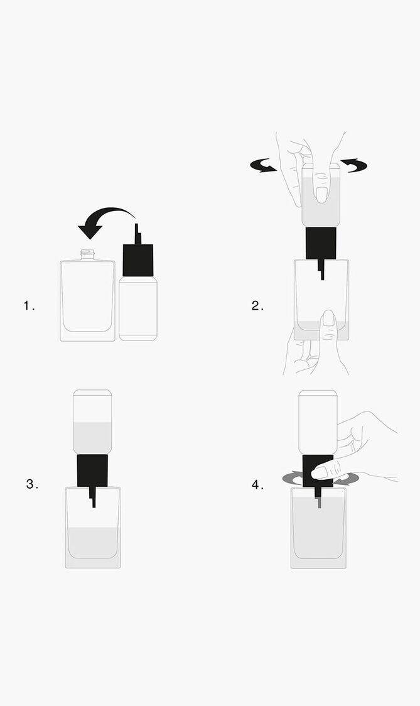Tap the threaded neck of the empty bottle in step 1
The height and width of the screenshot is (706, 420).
coord(88,254)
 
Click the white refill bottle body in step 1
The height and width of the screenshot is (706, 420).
coord(138,309)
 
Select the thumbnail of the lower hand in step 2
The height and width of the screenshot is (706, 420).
coord(328,318)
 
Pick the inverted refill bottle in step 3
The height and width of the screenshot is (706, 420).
coord(92,421)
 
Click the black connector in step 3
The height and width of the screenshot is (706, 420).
coord(92,471)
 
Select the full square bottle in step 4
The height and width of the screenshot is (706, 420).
coord(318,531)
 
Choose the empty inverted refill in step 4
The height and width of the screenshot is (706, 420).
coord(318,421)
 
